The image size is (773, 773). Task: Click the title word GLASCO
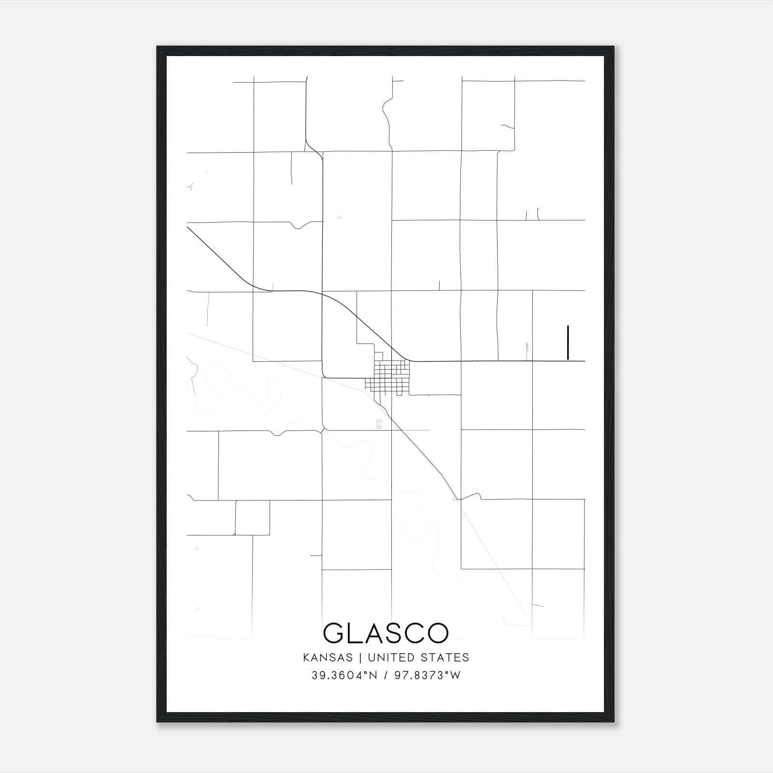(x=386, y=633)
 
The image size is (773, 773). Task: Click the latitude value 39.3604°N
(x=344, y=675)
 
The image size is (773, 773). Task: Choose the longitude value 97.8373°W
(x=428, y=675)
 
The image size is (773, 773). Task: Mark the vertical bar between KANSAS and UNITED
(x=362, y=658)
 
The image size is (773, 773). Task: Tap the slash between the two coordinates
(x=386, y=675)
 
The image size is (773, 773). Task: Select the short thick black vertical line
(x=568, y=343)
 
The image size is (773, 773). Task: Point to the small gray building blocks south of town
(x=379, y=424)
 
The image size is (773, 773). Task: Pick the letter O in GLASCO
(x=438, y=633)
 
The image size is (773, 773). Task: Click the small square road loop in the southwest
(x=252, y=517)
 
